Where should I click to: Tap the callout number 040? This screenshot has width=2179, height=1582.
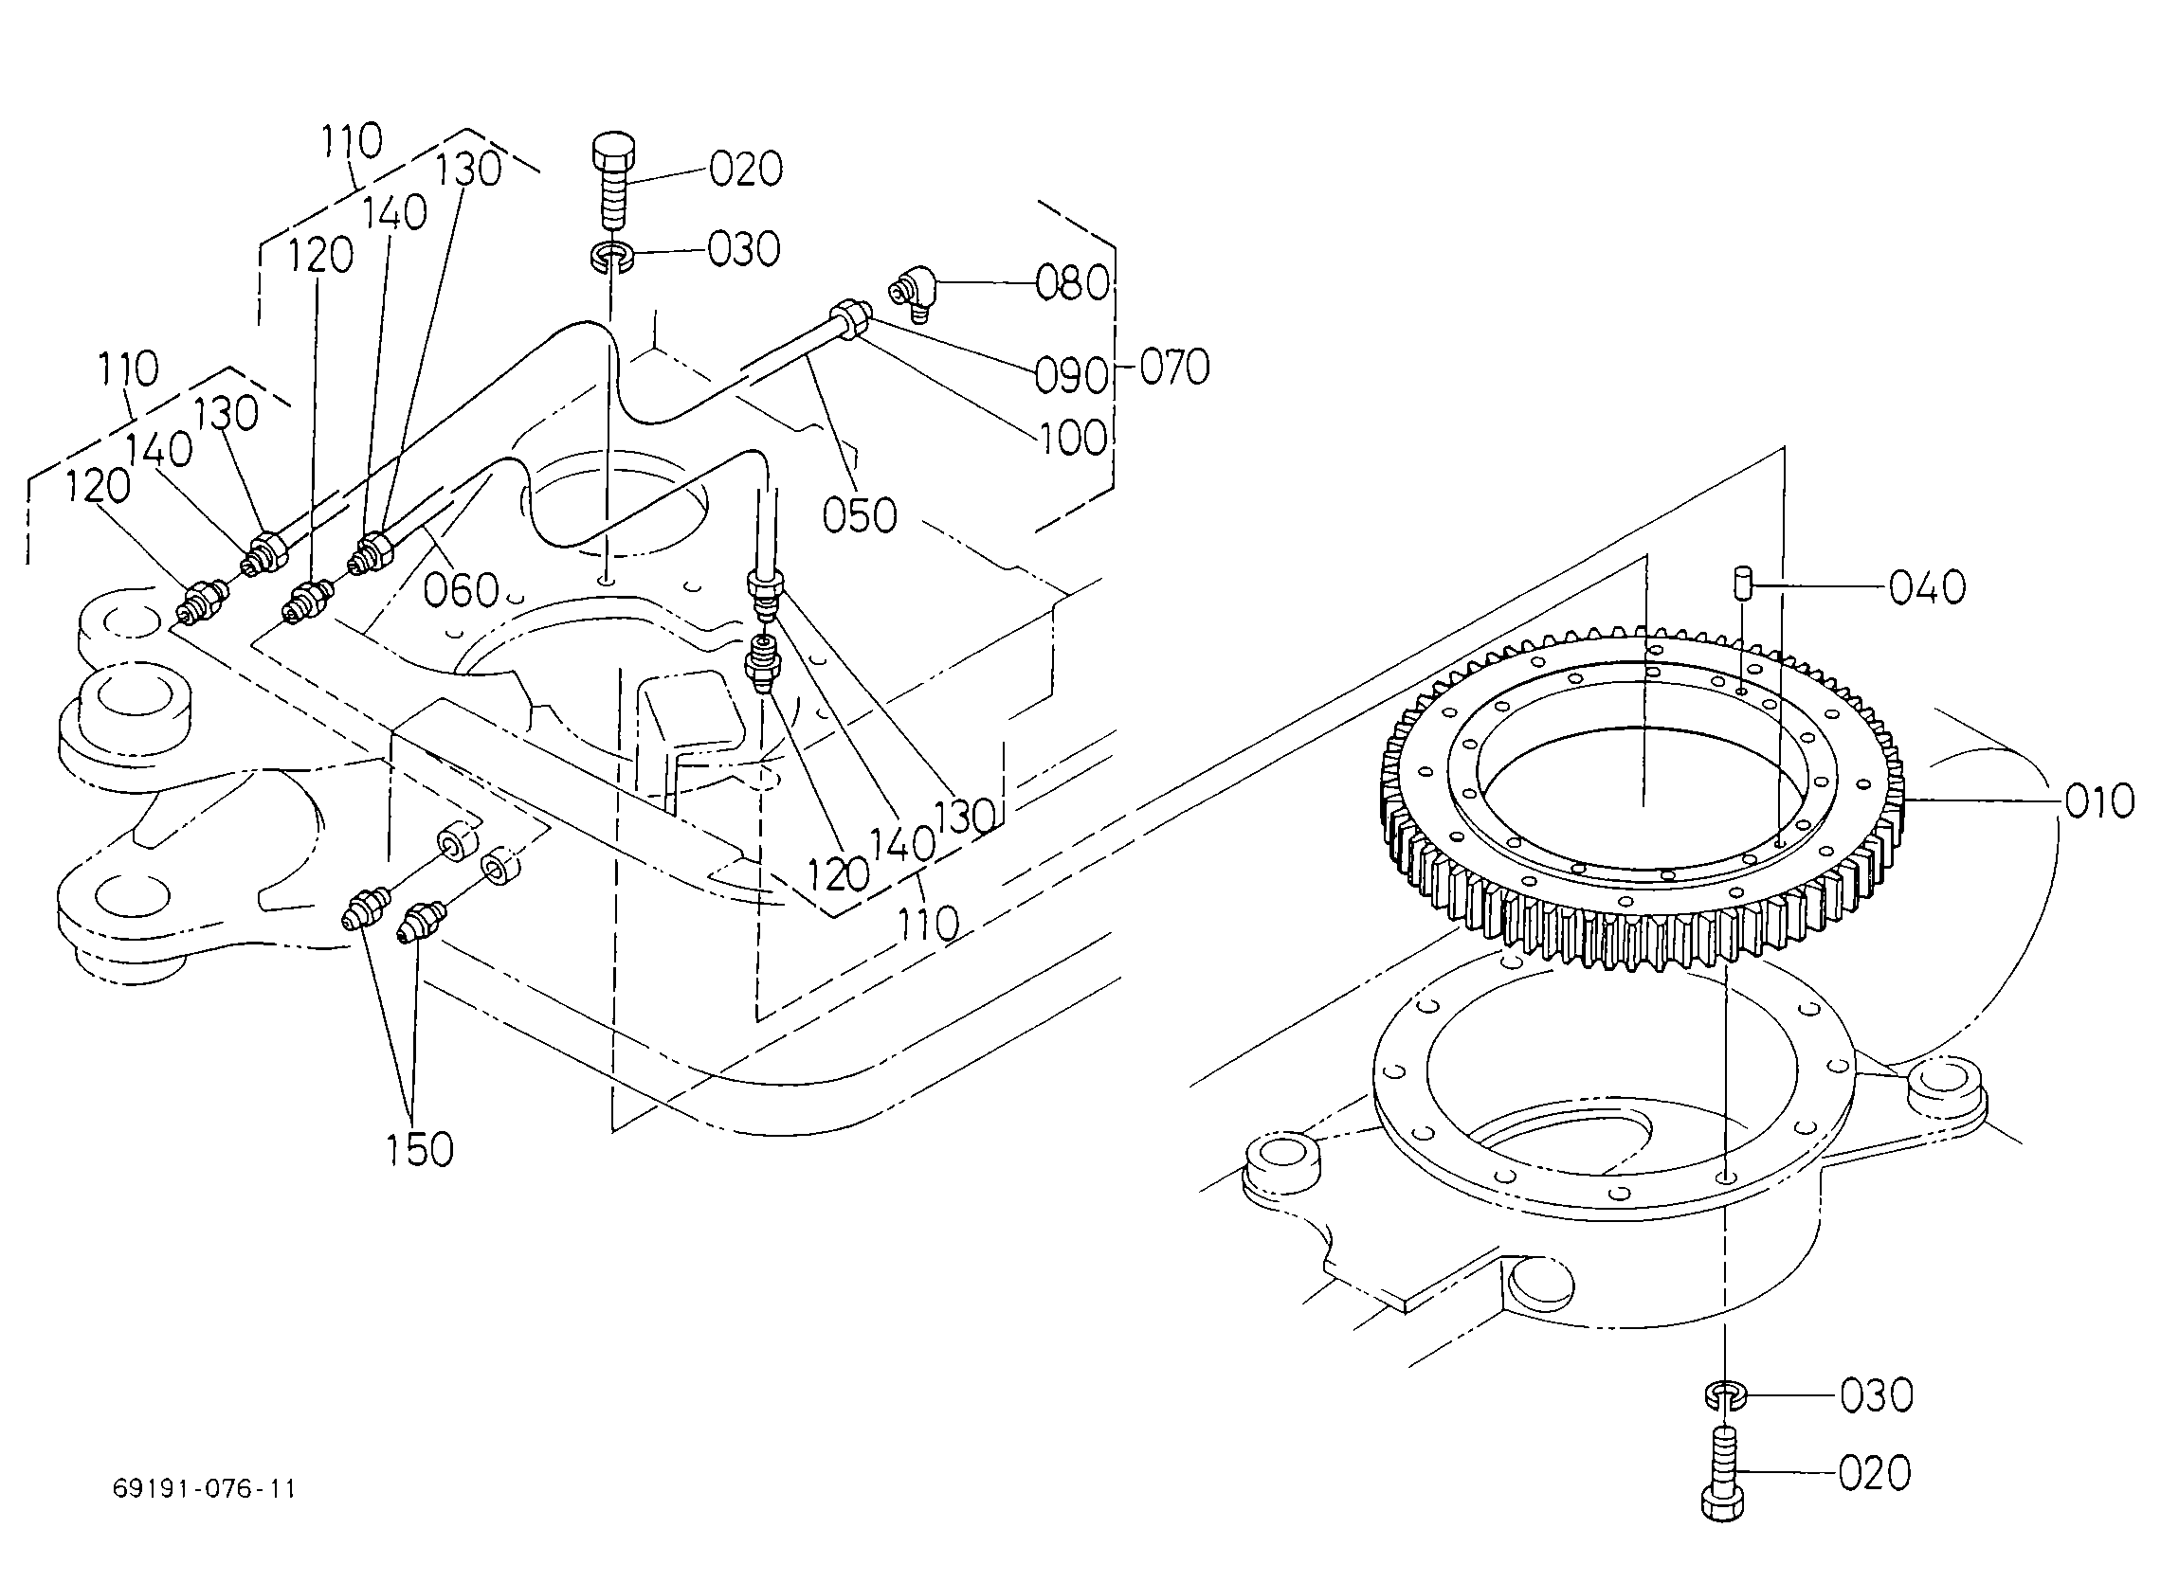[x=1927, y=587]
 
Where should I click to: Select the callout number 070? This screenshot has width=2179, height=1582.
[x=1174, y=368]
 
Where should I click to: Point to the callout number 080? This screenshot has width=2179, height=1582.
[x=1072, y=282]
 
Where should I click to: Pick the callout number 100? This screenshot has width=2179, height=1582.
[x=1072, y=438]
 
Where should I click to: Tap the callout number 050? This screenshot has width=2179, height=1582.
[x=860, y=515]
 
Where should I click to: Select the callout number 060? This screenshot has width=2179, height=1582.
[x=463, y=590]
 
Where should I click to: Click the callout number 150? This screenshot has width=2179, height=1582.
[x=420, y=1150]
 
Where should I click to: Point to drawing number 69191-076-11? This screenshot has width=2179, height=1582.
[x=205, y=1489]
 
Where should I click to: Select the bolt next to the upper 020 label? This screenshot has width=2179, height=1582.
[x=613, y=188]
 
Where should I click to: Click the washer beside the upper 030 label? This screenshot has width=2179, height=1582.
[x=610, y=257]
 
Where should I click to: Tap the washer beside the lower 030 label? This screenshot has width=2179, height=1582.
[x=1726, y=1393]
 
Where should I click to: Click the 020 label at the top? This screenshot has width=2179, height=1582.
[x=747, y=169]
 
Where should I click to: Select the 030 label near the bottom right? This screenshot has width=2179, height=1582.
[x=1878, y=1394]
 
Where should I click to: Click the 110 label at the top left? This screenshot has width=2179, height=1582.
[x=352, y=141]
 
